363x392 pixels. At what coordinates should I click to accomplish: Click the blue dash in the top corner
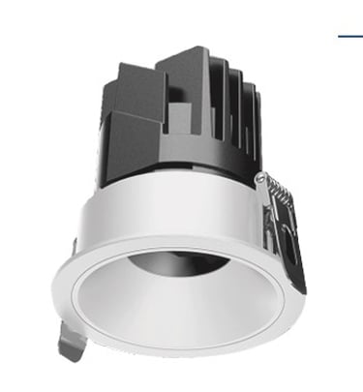pyautogui.click(x=348, y=37)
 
